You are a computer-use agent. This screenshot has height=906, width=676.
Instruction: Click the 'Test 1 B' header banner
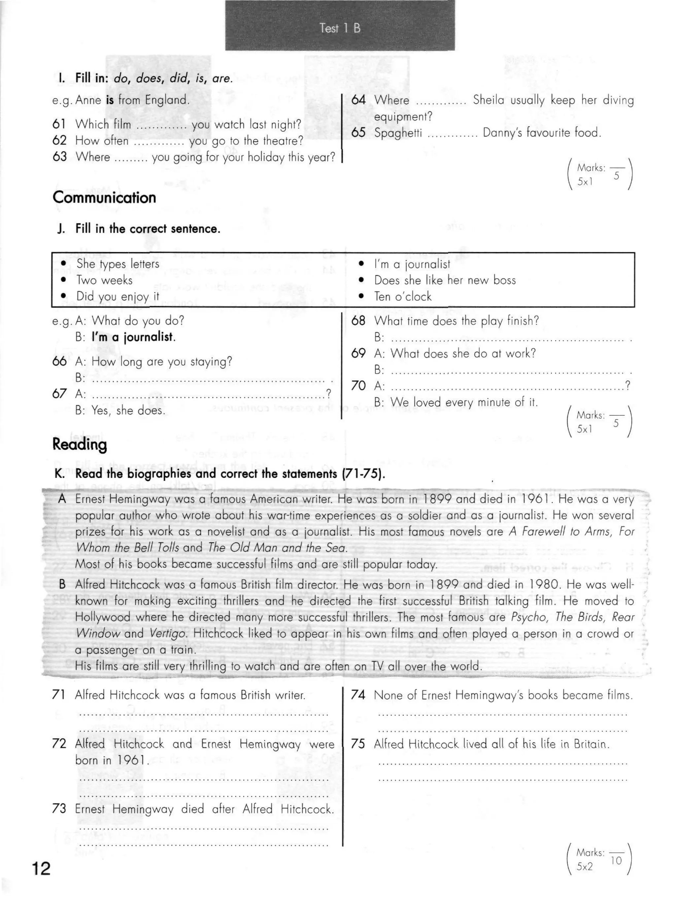coord(340,28)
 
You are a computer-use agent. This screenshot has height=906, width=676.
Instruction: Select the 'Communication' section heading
coord(104,198)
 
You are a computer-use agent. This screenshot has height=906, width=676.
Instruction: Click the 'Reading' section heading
coord(80,444)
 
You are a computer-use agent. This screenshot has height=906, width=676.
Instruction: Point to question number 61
coord(59,124)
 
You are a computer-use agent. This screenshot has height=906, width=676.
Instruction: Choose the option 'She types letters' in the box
coord(118,264)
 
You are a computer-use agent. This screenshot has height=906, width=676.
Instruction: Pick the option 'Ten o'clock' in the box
coord(403,296)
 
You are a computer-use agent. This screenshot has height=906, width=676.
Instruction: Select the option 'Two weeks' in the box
coord(104,280)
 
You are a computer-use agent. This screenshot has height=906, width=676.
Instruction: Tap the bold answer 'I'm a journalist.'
coord(133,337)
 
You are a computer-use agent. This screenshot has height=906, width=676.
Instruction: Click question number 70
coord(358,386)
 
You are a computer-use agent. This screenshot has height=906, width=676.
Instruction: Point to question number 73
coord(59,809)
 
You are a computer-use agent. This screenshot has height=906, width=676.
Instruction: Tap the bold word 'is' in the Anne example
coord(110,100)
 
